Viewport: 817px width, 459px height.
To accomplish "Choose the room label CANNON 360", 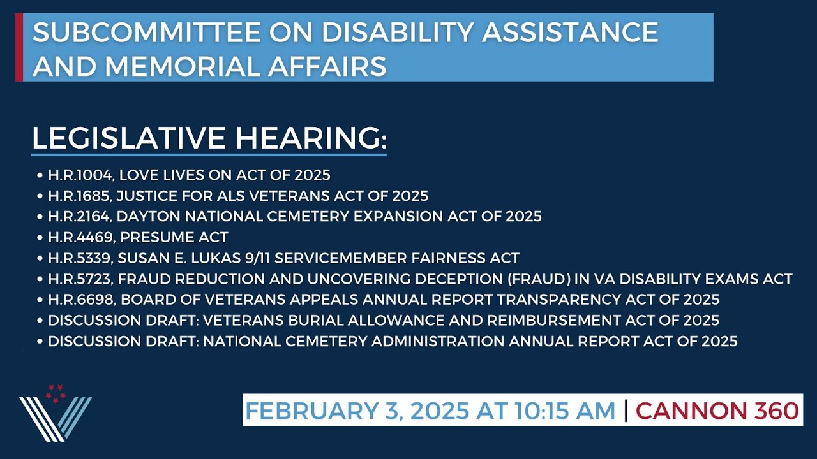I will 717,411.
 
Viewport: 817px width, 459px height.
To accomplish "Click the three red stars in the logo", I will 55,393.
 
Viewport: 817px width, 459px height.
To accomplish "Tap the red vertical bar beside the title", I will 19,47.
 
